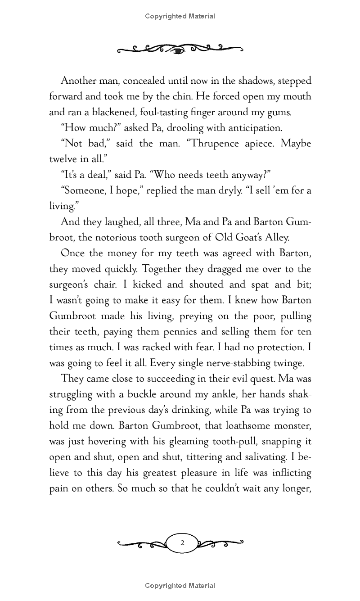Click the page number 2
coord(182,543)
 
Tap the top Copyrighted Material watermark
coord(180,16)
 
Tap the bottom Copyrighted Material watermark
coord(180,586)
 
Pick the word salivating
coord(261,457)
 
